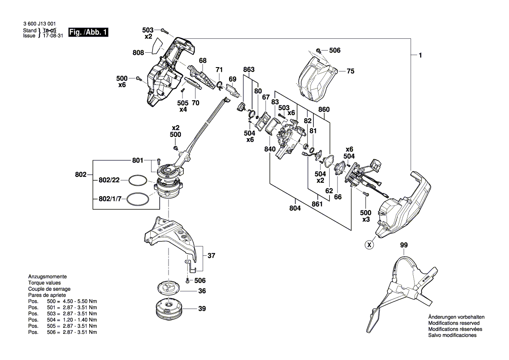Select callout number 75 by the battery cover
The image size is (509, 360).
coord(351,71)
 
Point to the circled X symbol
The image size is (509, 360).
coord(369,245)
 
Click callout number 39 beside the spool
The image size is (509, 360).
coord(202,309)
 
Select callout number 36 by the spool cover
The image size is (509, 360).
coord(202,291)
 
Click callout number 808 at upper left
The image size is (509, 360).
coord(138,53)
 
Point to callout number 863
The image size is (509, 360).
coord(249,70)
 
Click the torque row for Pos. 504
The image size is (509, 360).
coord(63,319)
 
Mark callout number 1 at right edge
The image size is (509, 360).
coord(420,55)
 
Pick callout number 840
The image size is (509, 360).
coord(270,149)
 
